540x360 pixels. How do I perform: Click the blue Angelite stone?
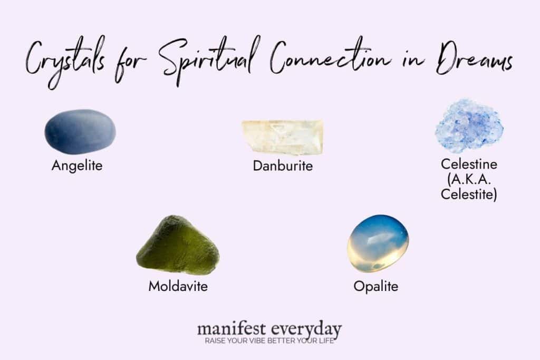(80, 132)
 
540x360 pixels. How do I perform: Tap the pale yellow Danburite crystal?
(282, 137)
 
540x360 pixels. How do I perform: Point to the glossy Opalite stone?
(378, 243)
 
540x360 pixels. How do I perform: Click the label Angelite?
(77, 166)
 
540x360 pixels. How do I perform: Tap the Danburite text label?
(283, 166)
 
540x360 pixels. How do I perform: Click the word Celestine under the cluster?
(469, 164)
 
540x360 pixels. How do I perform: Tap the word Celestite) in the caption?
(469, 195)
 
